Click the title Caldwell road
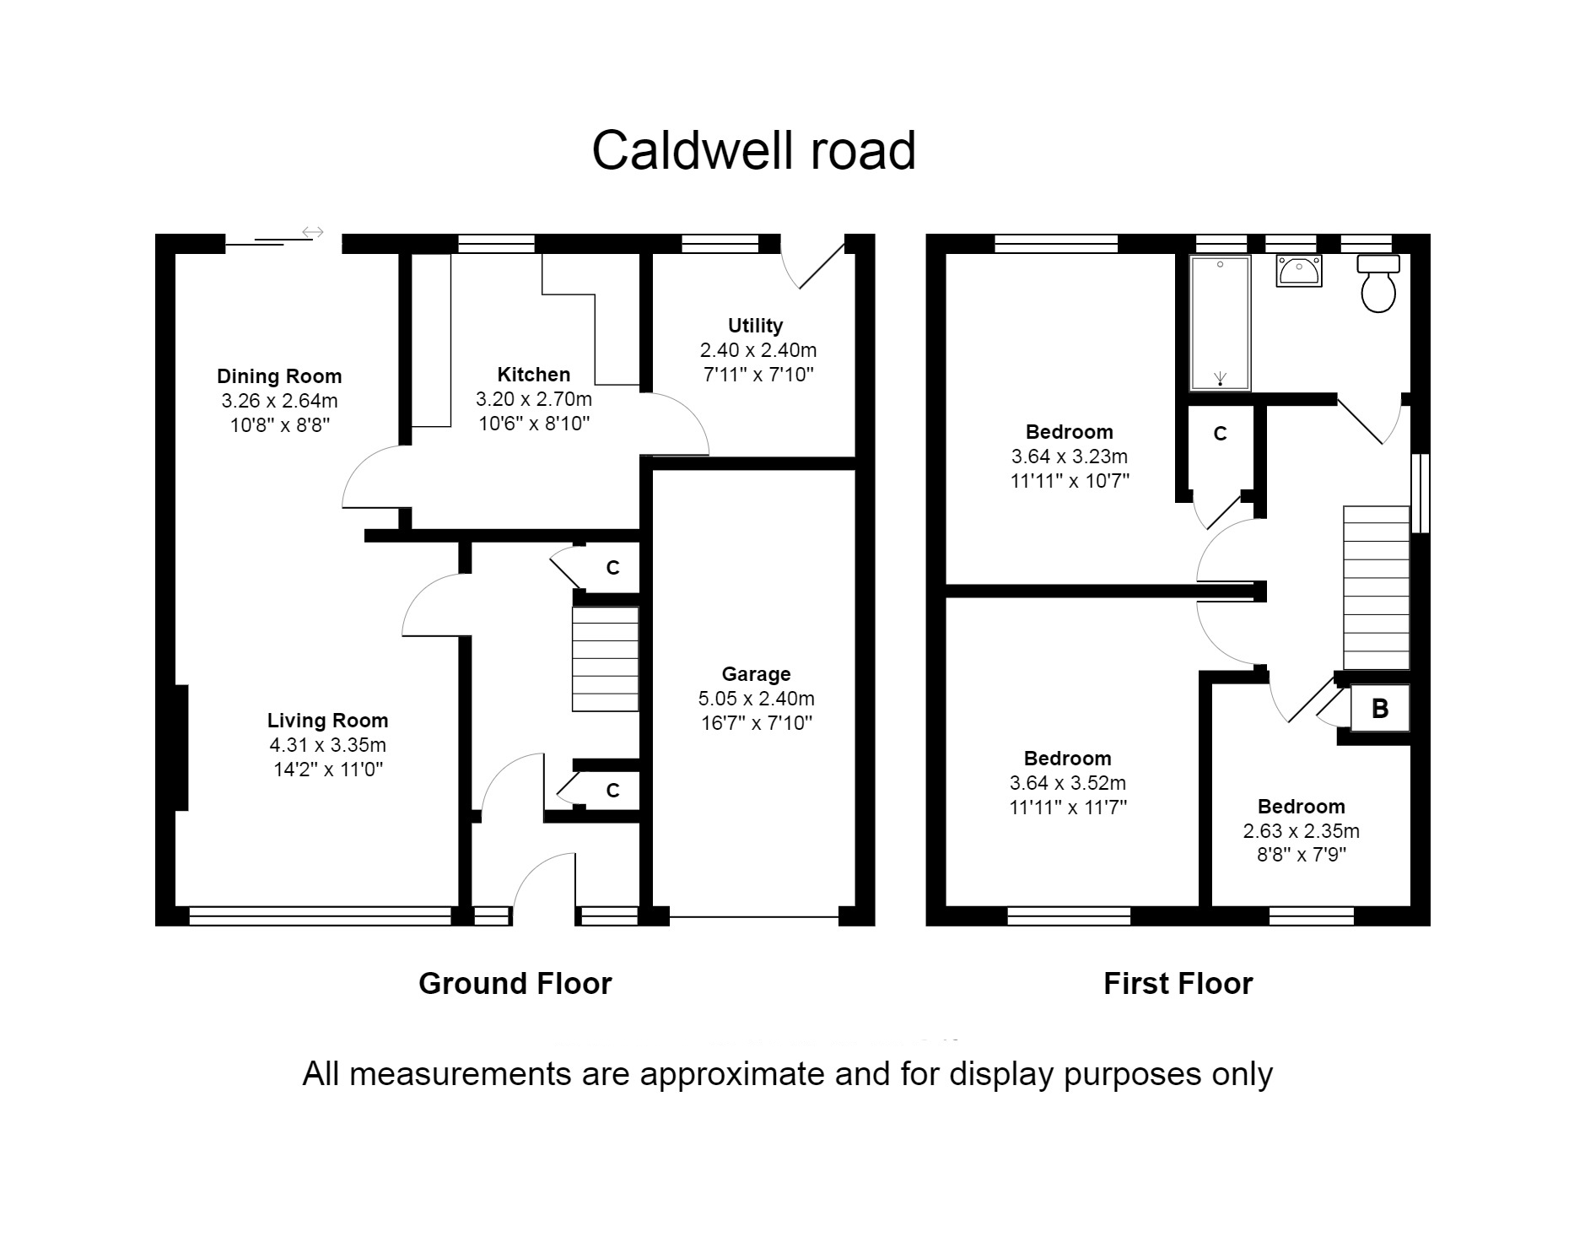coord(753,151)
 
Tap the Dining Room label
coord(279,376)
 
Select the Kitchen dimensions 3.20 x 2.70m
coord(533,399)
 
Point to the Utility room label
coord(755,326)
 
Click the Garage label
coord(756,674)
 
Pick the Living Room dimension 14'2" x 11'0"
coord(327,770)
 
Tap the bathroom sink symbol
coord(1298,272)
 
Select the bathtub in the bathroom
coord(1220,323)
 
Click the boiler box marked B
coord(1380,708)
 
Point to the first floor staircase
coord(1376,588)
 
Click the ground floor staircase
coord(605,659)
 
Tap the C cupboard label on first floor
coord(1220,434)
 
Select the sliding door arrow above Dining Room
coord(313,231)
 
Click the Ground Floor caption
coord(515,984)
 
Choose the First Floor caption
coord(1178,984)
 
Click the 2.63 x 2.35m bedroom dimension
coord(1301,831)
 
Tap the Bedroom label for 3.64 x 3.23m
coord(1069,432)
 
